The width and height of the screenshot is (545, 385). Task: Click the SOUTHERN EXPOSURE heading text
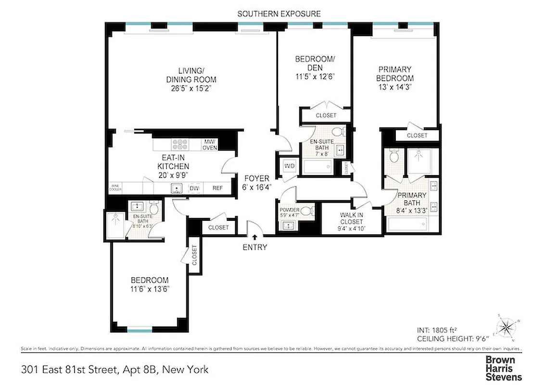point(279,13)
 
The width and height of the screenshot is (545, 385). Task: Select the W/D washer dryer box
point(290,167)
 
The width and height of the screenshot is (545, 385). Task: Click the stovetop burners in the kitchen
point(180,144)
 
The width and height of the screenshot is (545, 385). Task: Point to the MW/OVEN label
point(210,144)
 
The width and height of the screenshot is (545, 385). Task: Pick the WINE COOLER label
point(115,188)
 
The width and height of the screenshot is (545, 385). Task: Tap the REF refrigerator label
point(217,189)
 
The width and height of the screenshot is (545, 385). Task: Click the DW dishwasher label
point(194,189)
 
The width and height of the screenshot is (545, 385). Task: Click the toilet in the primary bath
point(394,156)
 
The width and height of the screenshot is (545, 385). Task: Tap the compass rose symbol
point(506,329)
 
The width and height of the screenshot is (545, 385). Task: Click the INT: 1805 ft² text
point(436,331)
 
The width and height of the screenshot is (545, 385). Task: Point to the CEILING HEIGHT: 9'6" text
point(452,339)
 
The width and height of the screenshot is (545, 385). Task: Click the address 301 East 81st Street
point(69,370)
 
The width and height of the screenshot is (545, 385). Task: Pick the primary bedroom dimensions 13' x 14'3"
point(394,87)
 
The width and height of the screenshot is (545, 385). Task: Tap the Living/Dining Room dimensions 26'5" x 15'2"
point(191,88)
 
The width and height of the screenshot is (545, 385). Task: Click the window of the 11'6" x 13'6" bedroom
point(140,330)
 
